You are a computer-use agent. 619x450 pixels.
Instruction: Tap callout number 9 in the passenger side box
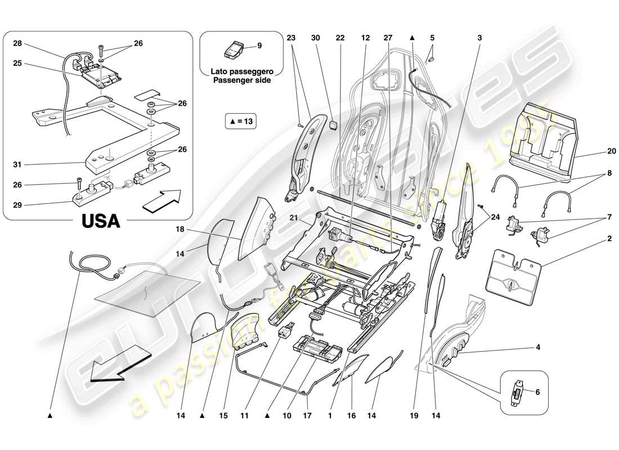pos(259,46)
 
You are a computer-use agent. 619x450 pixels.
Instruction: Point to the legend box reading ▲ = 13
pos(240,120)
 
